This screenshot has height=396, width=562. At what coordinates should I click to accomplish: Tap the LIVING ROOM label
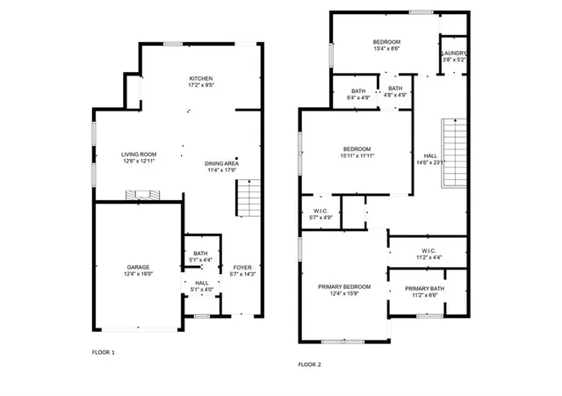pyautogui.click(x=138, y=155)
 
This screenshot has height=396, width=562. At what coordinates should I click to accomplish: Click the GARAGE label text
pyautogui.click(x=137, y=267)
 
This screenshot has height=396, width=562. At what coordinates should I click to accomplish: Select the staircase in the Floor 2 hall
pyautogui.click(x=454, y=151)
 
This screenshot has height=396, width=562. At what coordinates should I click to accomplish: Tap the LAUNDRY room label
pyautogui.click(x=453, y=53)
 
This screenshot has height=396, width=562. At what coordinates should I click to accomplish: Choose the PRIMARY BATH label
pyautogui.click(x=424, y=289)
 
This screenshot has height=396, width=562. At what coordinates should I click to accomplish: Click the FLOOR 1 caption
pyautogui.click(x=104, y=352)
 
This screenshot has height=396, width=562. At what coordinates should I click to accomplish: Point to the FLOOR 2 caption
pyautogui.click(x=310, y=364)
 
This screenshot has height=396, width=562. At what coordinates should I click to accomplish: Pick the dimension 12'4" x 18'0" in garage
pyautogui.click(x=137, y=274)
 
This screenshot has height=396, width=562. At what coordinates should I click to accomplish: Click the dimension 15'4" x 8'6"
pyautogui.click(x=386, y=50)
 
